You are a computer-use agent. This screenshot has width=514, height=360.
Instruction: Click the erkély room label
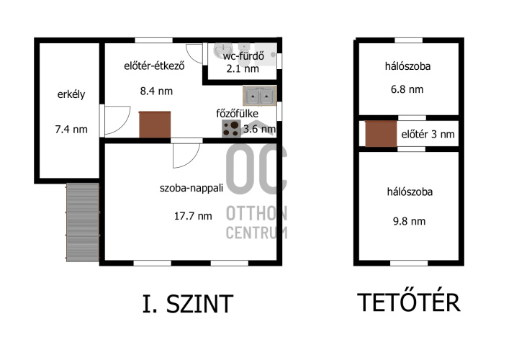[71, 95]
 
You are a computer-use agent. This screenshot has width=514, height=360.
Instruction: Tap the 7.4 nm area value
[71, 130]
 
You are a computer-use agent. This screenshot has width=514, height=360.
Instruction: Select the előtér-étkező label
[154, 66]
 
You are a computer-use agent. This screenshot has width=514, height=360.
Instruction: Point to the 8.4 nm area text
[156, 91]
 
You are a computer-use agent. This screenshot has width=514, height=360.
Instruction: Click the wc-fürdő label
[243, 56]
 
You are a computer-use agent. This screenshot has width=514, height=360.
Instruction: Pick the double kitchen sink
[260, 96]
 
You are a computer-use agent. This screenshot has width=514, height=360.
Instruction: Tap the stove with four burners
[231, 129]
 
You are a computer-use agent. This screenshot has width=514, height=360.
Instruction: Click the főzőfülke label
[237, 114]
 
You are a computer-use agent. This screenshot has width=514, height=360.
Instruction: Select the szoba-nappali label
[191, 188]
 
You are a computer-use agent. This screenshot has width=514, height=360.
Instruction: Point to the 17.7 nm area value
[193, 216]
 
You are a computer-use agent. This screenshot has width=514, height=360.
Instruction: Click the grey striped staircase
[83, 222]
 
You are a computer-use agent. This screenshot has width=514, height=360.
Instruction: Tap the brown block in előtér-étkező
[155, 125]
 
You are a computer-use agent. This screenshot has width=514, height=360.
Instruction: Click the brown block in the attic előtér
[381, 134]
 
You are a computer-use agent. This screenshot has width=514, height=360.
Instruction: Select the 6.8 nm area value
[407, 89]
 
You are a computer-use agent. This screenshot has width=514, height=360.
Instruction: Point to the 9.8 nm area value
[410, 221]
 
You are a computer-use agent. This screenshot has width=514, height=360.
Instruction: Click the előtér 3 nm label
[428, 134]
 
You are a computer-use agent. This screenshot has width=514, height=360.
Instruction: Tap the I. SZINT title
[188, 304]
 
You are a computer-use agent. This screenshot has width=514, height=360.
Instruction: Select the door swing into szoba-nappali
[186, 156]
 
